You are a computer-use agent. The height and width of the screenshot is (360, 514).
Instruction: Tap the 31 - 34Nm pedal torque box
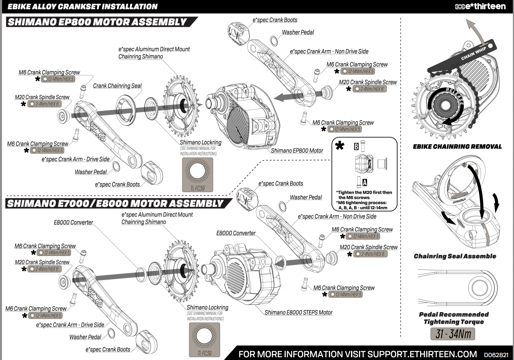coord(453,334)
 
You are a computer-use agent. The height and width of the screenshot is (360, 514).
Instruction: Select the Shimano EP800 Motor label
coord(297,151)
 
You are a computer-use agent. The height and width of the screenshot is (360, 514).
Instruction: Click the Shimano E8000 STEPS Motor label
coord(298,312)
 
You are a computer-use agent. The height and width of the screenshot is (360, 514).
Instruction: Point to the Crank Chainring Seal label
coord(117,86)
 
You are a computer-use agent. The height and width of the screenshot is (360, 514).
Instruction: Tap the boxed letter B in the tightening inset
coord(356,147)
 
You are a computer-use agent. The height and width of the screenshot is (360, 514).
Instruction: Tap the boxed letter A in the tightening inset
coord(365,182)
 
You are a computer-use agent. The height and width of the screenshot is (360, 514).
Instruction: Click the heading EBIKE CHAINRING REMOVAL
coord(457,147)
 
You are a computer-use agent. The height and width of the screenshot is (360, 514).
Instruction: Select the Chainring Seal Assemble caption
coord(455,256)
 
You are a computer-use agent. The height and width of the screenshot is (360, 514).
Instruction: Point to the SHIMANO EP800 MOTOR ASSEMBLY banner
coord(98,22)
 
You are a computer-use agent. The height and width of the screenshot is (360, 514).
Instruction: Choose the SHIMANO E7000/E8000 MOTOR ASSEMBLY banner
coord(114,203)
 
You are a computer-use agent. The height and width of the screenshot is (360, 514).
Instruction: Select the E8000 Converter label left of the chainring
coord(73,223)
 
